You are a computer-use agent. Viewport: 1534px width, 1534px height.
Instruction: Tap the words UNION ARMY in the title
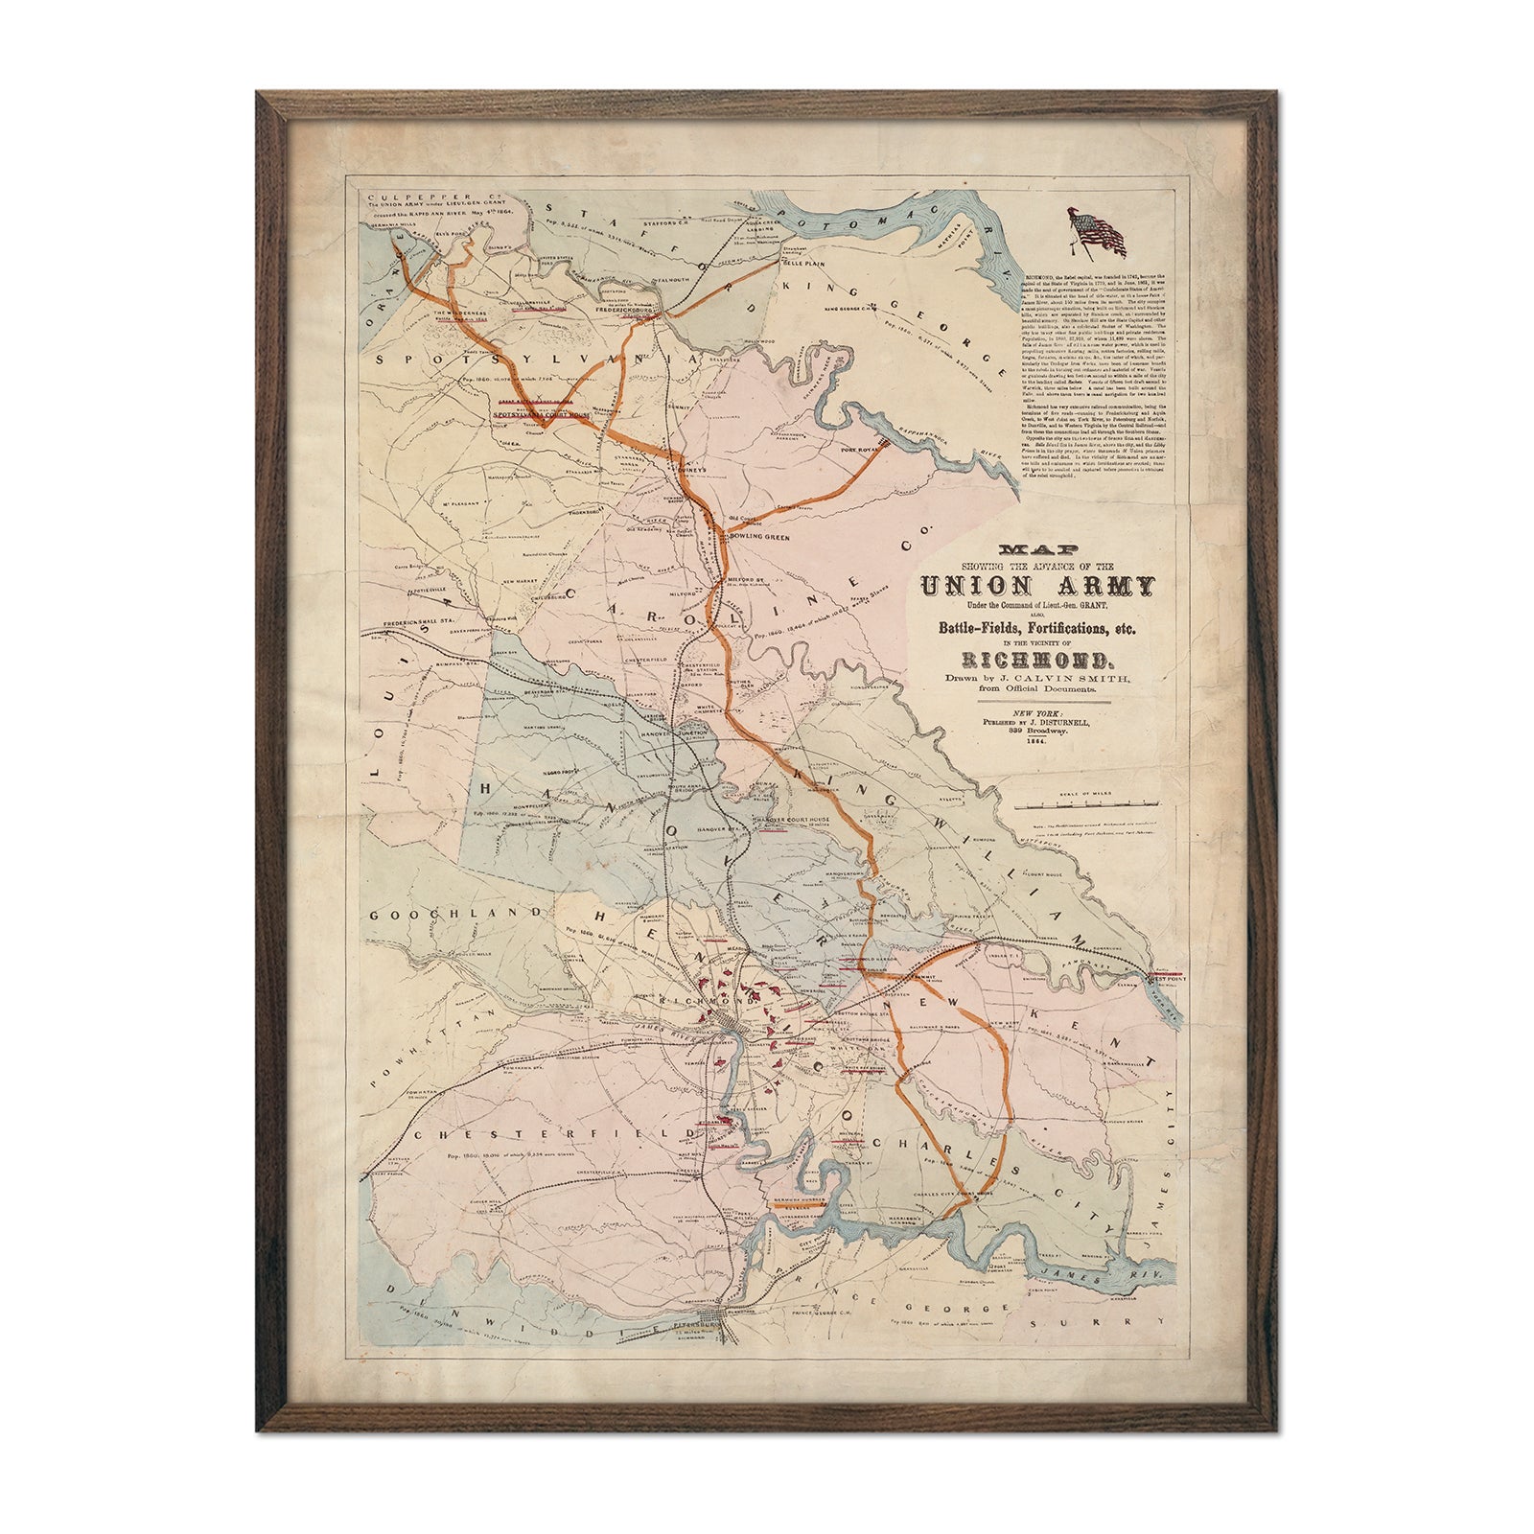1037,585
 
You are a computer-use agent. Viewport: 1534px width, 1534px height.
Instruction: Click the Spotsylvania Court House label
546,415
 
